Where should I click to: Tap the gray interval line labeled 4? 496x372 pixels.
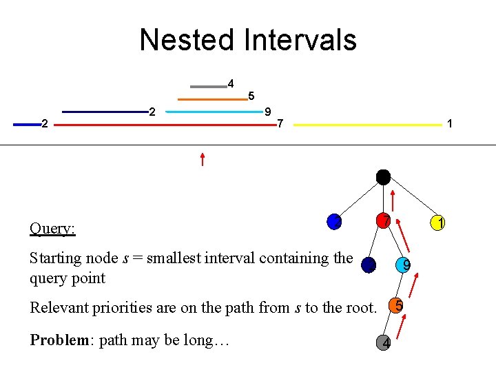208,87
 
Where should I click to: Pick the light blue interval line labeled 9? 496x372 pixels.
214,112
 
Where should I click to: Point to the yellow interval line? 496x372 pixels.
367,125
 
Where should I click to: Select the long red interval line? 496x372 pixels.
163,125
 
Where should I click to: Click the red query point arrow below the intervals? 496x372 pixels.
202,159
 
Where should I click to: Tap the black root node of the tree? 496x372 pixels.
383,176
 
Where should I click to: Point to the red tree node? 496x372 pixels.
383,221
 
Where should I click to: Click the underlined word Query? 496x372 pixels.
52,229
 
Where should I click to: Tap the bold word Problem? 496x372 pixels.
58,341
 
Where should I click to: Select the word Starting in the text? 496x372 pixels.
58,258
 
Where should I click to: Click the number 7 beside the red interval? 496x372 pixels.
279,124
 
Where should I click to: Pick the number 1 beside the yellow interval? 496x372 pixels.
449,124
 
